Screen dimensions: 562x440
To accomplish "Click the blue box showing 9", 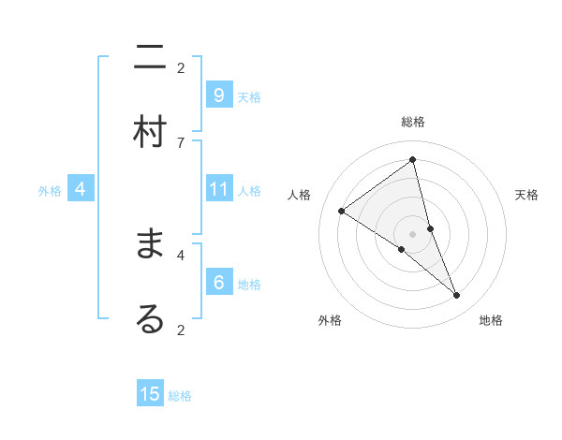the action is tap(218, 95).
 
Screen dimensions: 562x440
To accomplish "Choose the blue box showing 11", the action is tap(218, 189).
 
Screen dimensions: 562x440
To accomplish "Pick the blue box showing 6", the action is tap(218, 282).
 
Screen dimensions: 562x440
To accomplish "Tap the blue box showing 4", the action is tap(81, 189).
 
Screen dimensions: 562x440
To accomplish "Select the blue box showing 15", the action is tap(150, 394).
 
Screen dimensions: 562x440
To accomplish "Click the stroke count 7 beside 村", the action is tap(181, 142).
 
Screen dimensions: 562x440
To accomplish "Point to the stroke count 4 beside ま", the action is tap(181, 254).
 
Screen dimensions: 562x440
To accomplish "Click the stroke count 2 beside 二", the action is tap(181, 67).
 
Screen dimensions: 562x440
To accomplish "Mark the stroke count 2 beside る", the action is tap(181, 330).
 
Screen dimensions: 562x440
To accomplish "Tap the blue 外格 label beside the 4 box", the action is tap(50, 191).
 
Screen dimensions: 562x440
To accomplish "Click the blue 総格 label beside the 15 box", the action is tap(180, 396).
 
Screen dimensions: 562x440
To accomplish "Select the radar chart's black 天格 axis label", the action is tap(526, 195).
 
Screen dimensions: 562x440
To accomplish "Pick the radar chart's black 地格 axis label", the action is tap(491, 320).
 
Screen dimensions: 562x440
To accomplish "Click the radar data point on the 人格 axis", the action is tap(342, 211).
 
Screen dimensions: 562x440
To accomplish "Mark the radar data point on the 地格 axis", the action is tap(457, 295).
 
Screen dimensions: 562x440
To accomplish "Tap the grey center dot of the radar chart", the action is tap(412, 233).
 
